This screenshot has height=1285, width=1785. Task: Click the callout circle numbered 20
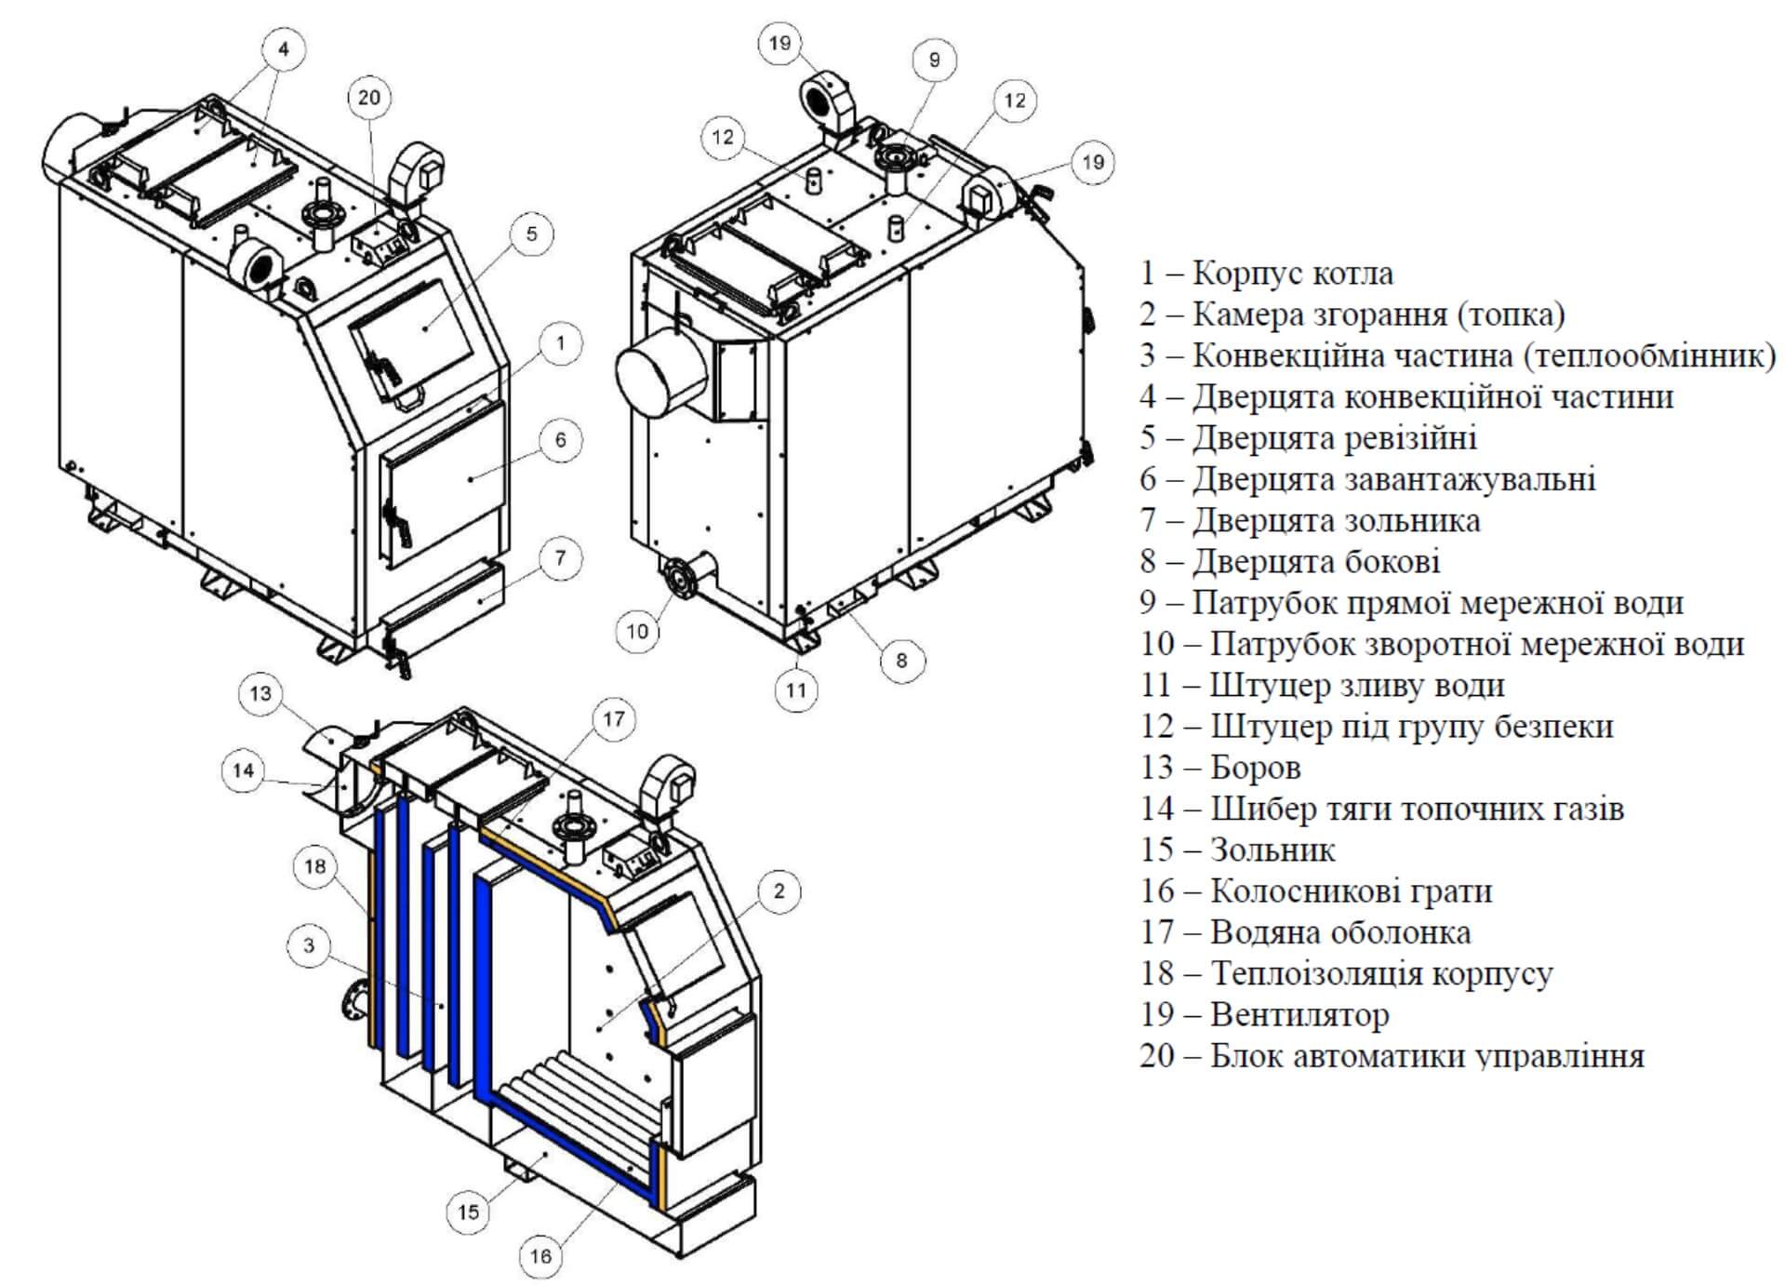click(x=369, y=98)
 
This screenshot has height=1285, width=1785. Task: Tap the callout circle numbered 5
click(x=531, y=233)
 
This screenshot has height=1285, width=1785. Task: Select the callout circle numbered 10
click(x=637, y=631)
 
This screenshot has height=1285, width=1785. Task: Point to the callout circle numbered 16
click(x=540, y=1255)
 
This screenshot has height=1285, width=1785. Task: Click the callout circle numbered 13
click(x=260, y=693)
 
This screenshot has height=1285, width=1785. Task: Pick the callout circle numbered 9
click(x=934, y=60)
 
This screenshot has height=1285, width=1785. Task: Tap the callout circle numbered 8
click(x=901, y=660)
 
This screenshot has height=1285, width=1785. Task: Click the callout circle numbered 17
click(x=613, y=718)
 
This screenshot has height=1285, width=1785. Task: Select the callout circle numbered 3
click(x=310, y=945)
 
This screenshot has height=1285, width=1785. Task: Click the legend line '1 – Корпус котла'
click(x=1267, y=274)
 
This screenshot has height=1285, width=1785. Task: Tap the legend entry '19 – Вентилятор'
click(x=1264, y=1014)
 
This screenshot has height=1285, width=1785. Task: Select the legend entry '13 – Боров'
click(x=1220, y=768)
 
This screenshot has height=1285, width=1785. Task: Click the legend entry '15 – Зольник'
click(x=1237, y=850)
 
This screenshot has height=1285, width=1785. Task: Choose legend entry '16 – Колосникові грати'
click(x=1316, y=890)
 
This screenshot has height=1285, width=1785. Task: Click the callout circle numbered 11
click(x=795, y=689)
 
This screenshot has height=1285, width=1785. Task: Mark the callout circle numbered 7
click(x=560, y=558)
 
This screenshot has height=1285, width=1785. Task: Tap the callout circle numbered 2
click(x=779, y=890)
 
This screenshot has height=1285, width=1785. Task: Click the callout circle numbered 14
click(x=244, y=770)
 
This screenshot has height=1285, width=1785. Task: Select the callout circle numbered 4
click(x=284, y=48)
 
